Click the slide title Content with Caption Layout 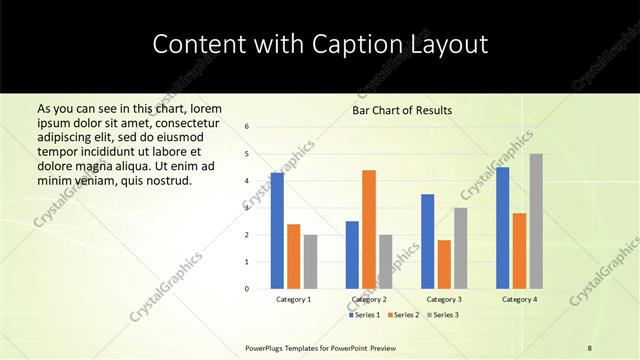pos(320,44)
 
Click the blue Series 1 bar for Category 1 pos(277,231)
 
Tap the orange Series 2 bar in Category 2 pos(369,229)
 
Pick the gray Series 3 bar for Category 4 pos(536,221)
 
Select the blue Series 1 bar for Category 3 pos(428,241)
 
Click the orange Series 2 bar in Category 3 pos(444,264)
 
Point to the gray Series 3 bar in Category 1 pos(310,262)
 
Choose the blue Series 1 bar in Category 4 pos(502,228)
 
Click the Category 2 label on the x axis pos(369,299)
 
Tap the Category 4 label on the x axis pos(519,299)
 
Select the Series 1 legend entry pos(365,315)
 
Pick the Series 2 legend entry pos(403,315)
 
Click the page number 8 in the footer pos(590,347)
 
